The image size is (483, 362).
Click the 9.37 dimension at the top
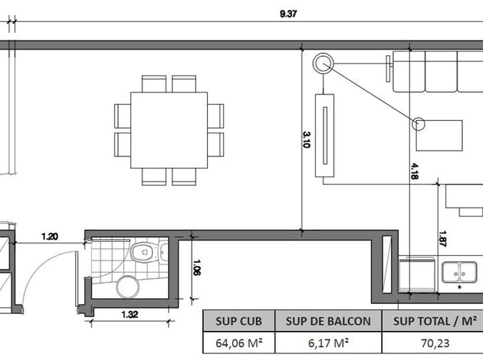288,14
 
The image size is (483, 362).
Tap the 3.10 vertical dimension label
306,140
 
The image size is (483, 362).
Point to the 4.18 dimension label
415,171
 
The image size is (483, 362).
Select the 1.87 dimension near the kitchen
443,238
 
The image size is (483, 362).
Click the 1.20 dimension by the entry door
49,237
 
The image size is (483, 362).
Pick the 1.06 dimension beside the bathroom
197,268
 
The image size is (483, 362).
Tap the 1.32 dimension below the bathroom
129,315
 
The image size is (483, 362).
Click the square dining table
169,130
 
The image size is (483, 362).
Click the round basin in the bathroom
128,287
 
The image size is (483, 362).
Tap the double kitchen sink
459,272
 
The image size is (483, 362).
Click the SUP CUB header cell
239,321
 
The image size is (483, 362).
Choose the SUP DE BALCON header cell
328,321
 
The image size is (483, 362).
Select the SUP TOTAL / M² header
435,321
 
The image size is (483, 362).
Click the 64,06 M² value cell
239,342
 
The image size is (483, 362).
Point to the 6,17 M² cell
328,342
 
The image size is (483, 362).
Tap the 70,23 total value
435,342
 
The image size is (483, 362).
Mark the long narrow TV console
325,136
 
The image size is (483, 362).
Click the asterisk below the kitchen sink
459,287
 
